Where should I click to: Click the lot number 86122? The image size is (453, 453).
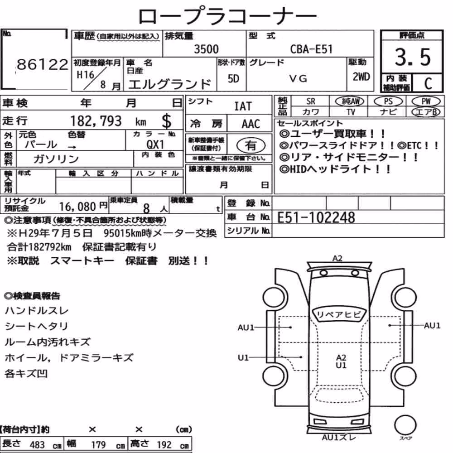point(43,64)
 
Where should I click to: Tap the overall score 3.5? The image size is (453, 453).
point(413,57)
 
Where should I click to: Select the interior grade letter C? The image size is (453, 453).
point(428,83)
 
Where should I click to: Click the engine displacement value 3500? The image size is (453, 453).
point(206,49)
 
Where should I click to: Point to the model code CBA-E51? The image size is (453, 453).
point(312,49)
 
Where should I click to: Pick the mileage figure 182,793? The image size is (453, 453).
point(96,121)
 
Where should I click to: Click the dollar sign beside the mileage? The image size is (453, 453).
point(166,121)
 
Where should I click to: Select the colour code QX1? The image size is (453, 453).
point(155,144)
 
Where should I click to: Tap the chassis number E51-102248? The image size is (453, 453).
point(316,217)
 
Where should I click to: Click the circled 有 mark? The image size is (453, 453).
point(251,145)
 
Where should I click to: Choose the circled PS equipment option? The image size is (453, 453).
point(388,101)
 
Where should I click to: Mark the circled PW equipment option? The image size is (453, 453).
point(426,101)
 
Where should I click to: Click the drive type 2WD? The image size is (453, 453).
point(361,77)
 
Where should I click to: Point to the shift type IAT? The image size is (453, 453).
point(243,106)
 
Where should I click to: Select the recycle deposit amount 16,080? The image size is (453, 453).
point(77,207)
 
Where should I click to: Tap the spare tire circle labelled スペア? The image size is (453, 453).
point(405,425)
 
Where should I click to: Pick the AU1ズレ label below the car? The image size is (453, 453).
point(339,438)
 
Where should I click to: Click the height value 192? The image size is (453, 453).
point(164,444)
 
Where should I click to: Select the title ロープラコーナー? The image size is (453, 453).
point(227,16)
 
